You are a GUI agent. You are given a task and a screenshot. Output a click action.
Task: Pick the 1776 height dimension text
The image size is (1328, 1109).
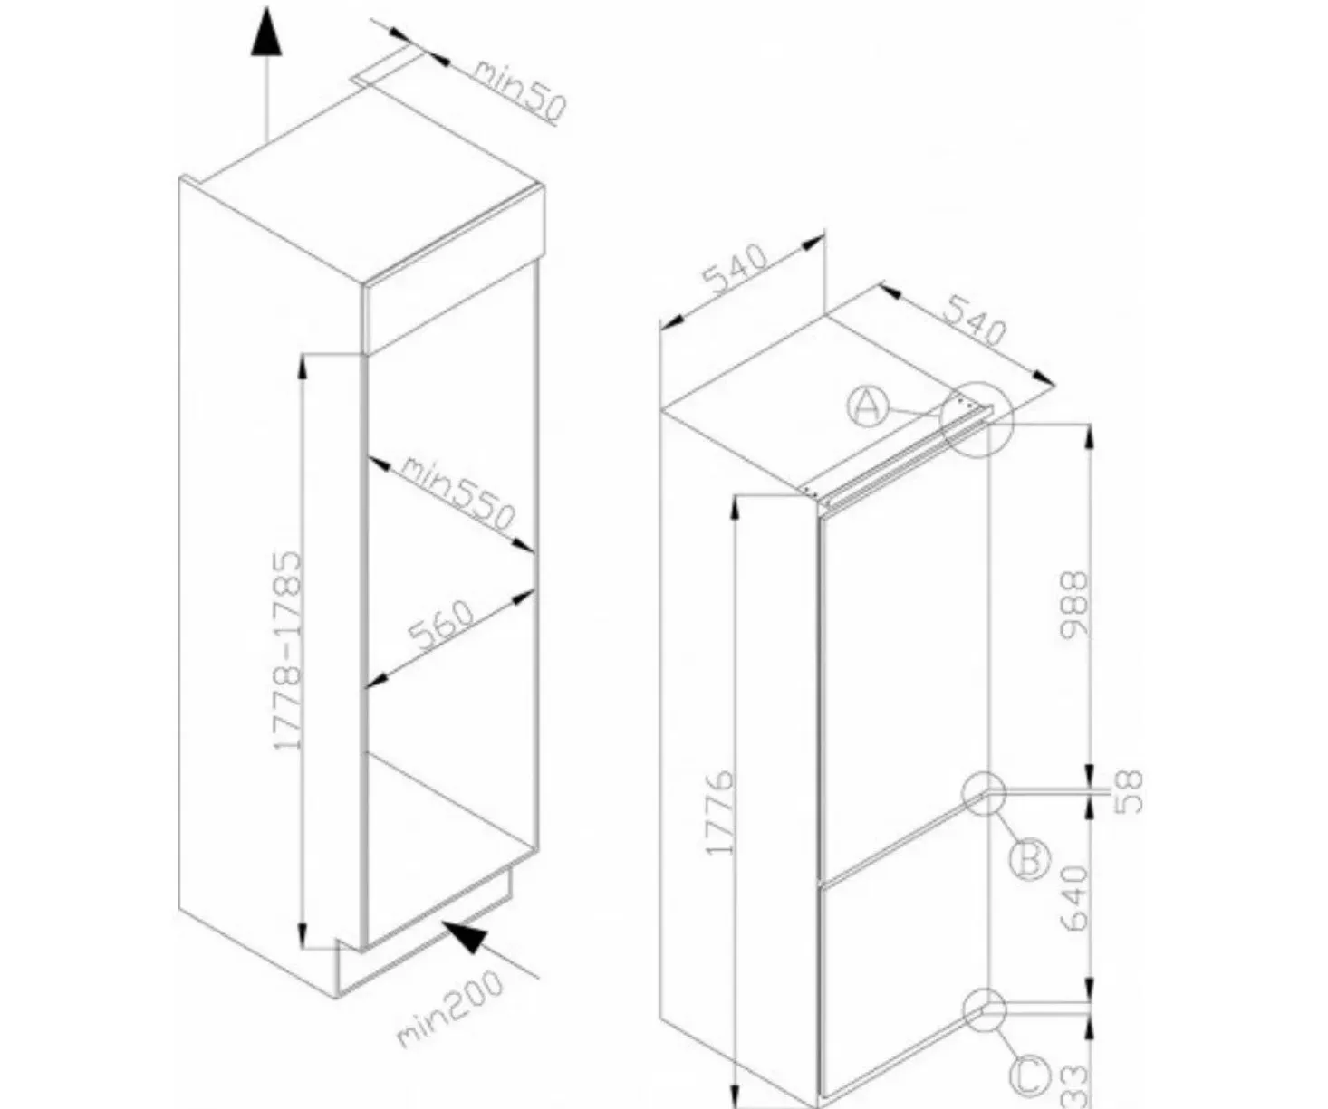pos(720,814)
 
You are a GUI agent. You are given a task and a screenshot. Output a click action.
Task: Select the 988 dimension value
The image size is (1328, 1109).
pos(1075,604)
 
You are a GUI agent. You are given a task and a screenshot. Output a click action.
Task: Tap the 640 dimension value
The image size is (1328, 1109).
pos(1075,898)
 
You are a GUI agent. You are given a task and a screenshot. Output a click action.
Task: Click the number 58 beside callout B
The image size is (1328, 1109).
pos(1129,792)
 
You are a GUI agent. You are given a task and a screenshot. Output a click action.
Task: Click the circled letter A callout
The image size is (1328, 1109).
pos(866,406)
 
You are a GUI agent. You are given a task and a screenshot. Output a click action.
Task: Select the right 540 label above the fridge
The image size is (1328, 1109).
pos(975,320)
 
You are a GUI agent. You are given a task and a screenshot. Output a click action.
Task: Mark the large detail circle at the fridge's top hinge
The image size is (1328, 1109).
pos(977,419)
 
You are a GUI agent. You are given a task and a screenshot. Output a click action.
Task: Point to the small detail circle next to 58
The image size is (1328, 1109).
pos(984,793)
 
